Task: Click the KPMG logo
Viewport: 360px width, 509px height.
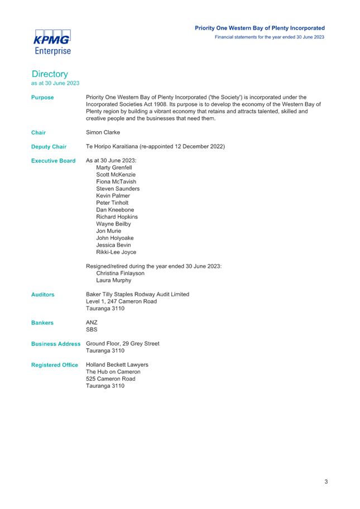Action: click(52, 42)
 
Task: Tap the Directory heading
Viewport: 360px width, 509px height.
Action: click(50, 74)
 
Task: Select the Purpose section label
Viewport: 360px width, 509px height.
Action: click(42, 97)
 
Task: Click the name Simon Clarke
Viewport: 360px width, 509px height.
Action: click(103, 132)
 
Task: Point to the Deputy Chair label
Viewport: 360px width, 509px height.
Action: click(49, 147)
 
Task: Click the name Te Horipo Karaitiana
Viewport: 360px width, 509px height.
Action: click(112, 146)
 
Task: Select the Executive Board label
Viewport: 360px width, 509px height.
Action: click(53, 161)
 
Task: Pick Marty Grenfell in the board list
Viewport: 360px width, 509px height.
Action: click(114, 167)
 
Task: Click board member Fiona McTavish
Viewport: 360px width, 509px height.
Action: click(116, 182)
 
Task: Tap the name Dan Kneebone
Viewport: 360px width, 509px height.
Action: click(115, 210)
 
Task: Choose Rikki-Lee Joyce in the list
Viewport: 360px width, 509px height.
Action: click(116, 252)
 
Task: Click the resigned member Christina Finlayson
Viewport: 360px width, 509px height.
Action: click(120, 273)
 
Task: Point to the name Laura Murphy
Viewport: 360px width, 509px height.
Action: click(114, 281)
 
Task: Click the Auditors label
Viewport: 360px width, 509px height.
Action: click(43, 295)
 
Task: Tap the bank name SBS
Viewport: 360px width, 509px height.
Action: click(92, 329)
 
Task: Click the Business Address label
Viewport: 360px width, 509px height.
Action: click(56, 344)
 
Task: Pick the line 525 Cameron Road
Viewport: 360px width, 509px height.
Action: click(111, 379)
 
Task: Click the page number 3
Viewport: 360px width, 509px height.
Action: click(327, 482)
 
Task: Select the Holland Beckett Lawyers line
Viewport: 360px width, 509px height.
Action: click(117, 365)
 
